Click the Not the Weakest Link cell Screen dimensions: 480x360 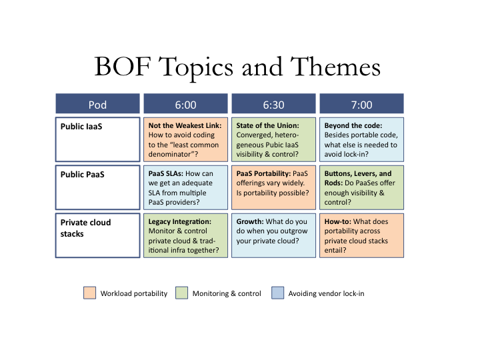185,139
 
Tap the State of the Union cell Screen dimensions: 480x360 274,139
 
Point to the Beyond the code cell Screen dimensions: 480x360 361,139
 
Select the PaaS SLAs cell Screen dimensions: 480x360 185,187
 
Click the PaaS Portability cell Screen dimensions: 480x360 274,187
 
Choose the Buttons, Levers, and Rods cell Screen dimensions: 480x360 361,187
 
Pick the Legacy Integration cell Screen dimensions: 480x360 185,235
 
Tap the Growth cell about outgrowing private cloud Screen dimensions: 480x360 274,235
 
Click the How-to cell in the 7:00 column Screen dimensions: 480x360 361,235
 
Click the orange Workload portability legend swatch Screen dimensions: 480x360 90,293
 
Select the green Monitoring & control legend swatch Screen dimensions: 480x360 181,293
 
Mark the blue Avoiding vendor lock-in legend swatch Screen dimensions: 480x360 277,293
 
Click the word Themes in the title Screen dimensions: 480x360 335,67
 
